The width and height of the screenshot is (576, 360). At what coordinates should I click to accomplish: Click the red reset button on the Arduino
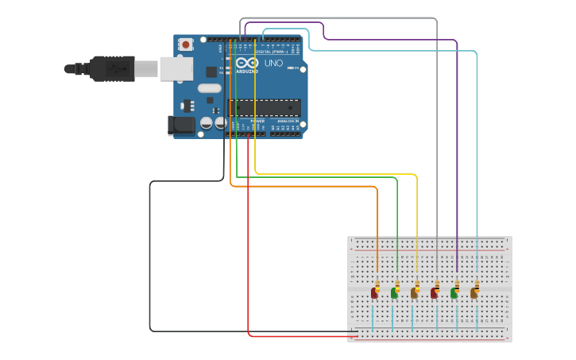[x=186, y=45]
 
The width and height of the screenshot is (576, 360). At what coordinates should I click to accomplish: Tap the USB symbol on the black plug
[x=118, y=69]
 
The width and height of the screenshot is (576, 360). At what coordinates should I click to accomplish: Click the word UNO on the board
[x=273, y=63]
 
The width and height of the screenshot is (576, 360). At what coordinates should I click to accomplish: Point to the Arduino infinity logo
[x=247, y=63]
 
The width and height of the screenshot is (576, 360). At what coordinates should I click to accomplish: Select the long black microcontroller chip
[x=265, y=107]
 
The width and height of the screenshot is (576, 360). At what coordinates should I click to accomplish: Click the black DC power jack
[x=182, y=125]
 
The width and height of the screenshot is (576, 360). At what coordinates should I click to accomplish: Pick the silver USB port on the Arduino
[x=176, y=69]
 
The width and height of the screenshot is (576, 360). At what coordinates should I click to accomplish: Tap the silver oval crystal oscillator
[x=210, y=88]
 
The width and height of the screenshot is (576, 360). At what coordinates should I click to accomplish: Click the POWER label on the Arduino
[x=257, y=121]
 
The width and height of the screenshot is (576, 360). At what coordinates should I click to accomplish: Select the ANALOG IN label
[x=286, y=121]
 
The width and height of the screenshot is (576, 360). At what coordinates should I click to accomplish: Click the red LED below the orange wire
[x=374, y=293]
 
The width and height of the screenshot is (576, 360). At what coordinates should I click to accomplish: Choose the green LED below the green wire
[x=394, y=293]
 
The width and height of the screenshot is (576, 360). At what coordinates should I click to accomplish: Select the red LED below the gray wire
[x=434, y=293]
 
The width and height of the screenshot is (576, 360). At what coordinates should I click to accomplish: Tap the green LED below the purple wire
[x=454, y=293]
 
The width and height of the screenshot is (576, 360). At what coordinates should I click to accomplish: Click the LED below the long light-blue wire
[x=474, y=293]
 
